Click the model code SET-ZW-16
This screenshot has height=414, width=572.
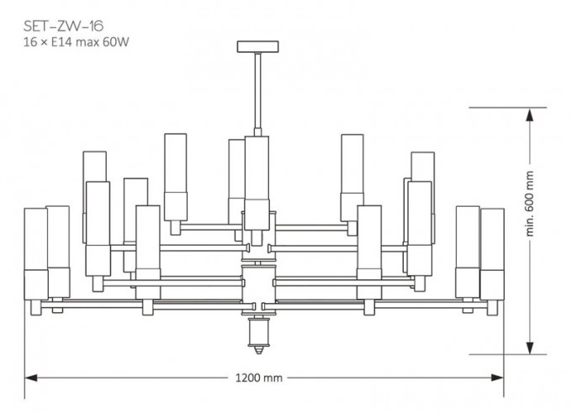(63, 26)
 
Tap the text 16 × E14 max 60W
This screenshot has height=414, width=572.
(77, 42)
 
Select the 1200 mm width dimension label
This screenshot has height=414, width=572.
(258, 378)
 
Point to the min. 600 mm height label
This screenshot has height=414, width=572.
(530, 204)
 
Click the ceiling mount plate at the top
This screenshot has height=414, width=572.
(258, 47)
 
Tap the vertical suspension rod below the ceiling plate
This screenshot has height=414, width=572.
(258, 91)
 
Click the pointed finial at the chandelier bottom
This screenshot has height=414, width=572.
(258, 349)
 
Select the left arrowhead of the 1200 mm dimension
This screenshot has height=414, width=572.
(31, 378)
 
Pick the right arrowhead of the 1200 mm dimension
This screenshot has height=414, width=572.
(497, 378)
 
